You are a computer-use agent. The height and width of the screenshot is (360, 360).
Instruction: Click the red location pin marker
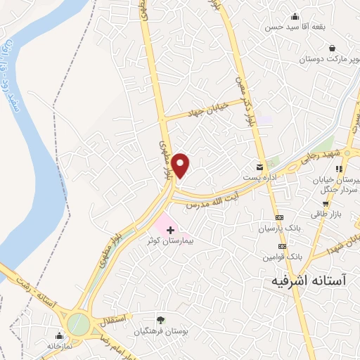181,165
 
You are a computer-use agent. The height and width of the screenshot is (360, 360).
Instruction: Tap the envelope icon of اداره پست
262,167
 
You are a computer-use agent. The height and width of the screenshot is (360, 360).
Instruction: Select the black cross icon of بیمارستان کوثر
170,229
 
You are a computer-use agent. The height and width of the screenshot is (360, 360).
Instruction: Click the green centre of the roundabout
79,323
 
